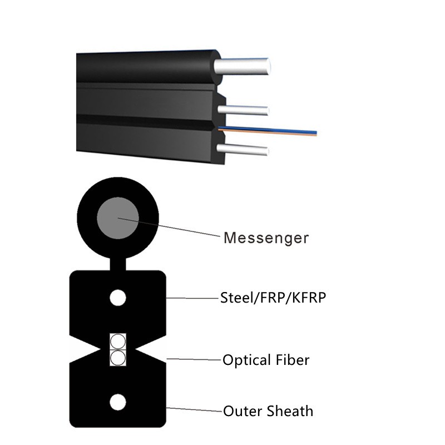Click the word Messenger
(266, 238)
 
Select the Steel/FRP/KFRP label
(273, 298)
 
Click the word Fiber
(293, 359)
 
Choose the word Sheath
(290, 411)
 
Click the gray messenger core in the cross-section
(118, 217)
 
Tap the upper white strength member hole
(118, 298)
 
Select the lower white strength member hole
(118, 401)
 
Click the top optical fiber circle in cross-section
(118, 341)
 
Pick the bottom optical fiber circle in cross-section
(118, 357)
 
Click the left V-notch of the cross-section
(83, 349)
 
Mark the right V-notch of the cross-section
(153, 349)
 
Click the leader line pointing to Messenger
(178, 229)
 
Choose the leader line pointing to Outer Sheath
(195, 411)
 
